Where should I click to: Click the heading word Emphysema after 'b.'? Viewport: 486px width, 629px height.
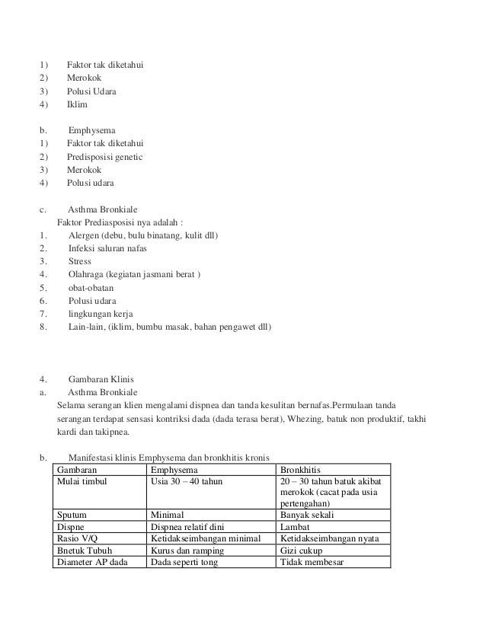(x=92, y=130)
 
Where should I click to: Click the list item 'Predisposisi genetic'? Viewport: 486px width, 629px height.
(x=105, y=156)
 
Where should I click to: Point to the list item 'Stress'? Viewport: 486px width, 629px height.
(x=80, y=261)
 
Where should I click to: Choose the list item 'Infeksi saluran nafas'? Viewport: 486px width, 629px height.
(x=107, y=248)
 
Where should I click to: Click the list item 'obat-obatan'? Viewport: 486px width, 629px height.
(x=91, y=288)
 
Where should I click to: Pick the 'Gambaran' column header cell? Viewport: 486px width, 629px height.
(x=76, y=471)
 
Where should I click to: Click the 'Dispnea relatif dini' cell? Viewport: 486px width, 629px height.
(x=192, y=526)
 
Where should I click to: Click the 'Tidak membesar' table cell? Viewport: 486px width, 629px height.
(x=311, y=563)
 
